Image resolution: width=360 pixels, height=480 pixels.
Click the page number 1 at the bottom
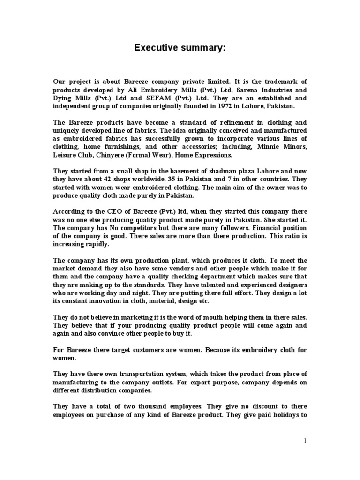pyautogui.click(x=305, y=441)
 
